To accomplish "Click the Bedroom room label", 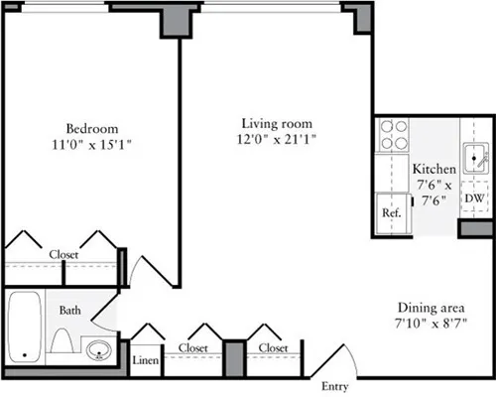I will pos(92,128).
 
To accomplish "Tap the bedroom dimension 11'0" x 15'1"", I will pos(92,144).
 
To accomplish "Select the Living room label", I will pos(278,123).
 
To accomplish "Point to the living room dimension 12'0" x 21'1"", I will pos(278,139).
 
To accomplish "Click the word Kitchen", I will pos(434,170).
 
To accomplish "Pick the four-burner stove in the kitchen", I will pos(394,135).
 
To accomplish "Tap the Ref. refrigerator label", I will pos(391,213).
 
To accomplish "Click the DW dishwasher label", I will pos(474,199).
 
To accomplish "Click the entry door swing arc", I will pos(344,358).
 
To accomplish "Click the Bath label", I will pos(69,311).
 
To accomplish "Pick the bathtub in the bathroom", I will pos(22,326).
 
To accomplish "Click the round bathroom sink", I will pos(97,350).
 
